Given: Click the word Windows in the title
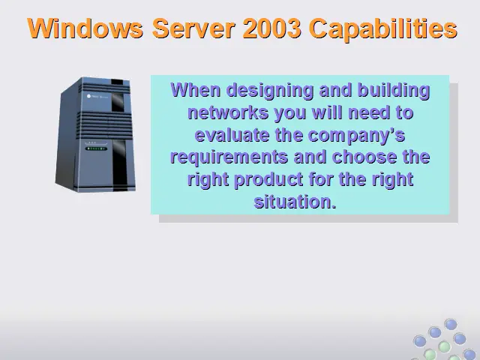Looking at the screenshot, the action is [85, 28].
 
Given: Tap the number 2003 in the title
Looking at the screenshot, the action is [271, 28].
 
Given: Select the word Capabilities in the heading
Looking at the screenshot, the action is [384, 29].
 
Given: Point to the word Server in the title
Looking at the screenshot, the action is [193, 28].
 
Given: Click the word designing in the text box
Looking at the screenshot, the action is [270, 91].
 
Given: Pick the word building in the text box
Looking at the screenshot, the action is [394, 91].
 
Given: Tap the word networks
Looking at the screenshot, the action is [228, 112].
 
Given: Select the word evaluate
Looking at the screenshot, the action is [232, 135].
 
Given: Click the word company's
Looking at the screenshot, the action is [357, 136].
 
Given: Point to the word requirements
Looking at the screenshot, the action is [229, 157].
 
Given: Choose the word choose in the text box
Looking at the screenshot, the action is [364, 157].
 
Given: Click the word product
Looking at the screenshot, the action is [268, 180].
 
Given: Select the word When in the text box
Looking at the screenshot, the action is [195, 90].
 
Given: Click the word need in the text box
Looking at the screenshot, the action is [369, 112].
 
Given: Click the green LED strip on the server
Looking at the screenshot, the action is [96, 148].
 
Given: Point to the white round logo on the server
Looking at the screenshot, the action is [88, 96].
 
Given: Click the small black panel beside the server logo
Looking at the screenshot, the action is [118, 102].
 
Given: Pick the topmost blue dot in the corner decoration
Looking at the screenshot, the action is [450, 324].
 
